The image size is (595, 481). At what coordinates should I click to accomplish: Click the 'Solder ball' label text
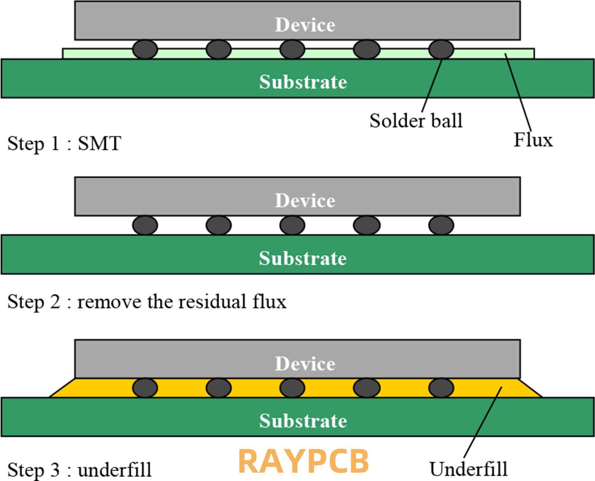(416, 120)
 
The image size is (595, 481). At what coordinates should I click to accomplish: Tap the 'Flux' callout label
(533, 140)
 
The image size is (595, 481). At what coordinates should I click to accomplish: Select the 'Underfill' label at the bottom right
(468, 468)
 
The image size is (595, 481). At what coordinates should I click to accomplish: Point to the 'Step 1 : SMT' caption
(64, 143)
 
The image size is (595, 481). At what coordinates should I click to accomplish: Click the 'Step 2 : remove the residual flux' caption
(147, 301)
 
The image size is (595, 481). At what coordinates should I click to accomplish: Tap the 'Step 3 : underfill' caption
(79, 469)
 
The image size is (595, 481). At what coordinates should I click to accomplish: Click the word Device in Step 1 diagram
(305, 25)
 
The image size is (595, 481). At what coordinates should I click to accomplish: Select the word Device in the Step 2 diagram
(305, 201)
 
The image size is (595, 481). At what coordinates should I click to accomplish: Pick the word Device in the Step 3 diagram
(305, 363)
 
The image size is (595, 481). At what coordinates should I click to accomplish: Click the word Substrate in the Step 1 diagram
(303, 82)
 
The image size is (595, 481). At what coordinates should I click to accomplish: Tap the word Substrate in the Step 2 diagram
(303, 258)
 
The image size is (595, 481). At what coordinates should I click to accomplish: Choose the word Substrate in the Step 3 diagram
(303, 421)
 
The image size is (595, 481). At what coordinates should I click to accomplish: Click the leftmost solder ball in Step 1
(145, 50)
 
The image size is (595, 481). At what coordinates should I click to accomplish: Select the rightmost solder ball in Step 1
(441, 50)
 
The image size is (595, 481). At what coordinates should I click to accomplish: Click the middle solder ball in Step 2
(292, 225)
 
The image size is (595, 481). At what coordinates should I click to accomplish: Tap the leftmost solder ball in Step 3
(145, 388)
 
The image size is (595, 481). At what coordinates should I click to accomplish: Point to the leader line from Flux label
(518, 93)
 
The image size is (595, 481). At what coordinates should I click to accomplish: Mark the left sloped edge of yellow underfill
(62, 387)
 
